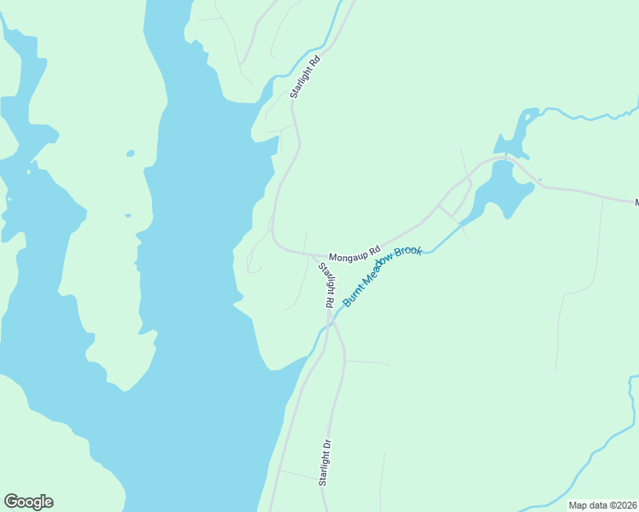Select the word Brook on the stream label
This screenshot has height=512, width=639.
(x=407, y=257)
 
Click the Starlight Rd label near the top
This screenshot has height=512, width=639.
(x=304, y=77)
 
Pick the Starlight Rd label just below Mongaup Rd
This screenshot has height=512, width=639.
(x=326, y=285)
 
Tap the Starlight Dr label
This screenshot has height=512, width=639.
(x=325, y=463)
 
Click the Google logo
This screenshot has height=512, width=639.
(x=28, y=502)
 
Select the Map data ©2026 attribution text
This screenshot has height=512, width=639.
(x=602, y=505)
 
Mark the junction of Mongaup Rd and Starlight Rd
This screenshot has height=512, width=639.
(x=325, y=255)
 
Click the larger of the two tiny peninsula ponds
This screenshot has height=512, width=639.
(x=130, y=154)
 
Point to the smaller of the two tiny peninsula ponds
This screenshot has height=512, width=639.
(x=127, y=215)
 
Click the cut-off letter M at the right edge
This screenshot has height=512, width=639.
(x=636, y=202)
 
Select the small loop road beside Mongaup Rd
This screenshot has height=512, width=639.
(x=457, y=204)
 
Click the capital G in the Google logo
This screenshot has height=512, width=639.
(x=12, y=502)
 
